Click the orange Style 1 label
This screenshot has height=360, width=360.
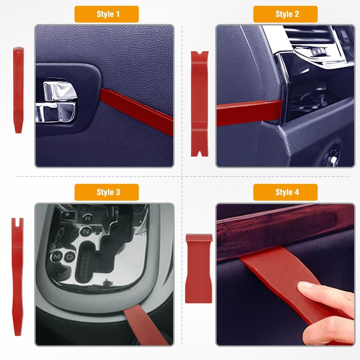pos(107,14)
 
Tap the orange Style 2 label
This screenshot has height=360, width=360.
pos(285,14)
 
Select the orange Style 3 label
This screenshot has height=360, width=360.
pos(107,192)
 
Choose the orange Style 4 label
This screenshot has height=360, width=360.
pos(285,192)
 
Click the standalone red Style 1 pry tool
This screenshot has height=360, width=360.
pos(18,90)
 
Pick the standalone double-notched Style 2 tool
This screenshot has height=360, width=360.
pos(200,104)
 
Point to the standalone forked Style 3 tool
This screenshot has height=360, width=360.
pos(18,277)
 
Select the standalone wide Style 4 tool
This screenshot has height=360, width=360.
pos(199,269)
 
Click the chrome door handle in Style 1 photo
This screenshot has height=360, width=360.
pos(56,101)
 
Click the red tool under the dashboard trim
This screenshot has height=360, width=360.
pos(249,112)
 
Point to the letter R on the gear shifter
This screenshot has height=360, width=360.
pos(87,218)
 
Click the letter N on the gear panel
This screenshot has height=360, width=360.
pos(85,231)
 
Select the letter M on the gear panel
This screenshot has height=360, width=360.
pos(56,256)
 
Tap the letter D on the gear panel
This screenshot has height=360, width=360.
pos(70,256)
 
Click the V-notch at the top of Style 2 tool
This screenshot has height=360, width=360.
pos(200,54)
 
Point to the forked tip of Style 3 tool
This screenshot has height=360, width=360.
pos(18,221)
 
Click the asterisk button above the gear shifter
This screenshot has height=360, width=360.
pos(67,215)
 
